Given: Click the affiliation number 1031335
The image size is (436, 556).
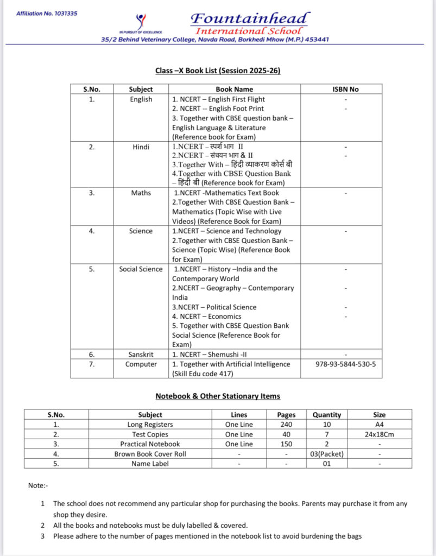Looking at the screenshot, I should click(47, 13).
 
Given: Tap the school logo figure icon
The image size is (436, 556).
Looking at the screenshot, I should click(141, 22).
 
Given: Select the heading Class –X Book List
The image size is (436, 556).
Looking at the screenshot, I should click(218, 71).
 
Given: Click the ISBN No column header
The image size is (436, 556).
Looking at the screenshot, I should click(345, 89).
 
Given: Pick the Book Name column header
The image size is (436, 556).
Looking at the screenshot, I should click(234, 89).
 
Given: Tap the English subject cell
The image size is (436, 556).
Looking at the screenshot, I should click(141, 99).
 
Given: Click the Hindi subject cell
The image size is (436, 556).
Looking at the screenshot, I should click(141, 147).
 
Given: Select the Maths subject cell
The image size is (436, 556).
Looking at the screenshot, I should click(141, 193).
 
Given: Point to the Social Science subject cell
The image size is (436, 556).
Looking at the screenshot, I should click(141, 269).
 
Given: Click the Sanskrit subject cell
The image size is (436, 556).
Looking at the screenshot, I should click(141, 355).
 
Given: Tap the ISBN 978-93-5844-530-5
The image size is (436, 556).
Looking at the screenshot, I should click(345, 364).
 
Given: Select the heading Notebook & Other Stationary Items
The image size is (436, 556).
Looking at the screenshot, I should click(218, 396).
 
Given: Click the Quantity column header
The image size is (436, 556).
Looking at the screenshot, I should click(327, 415).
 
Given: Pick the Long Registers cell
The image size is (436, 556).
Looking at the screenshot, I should click(150, 425).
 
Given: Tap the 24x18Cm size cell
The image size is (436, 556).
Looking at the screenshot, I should click(380, 434).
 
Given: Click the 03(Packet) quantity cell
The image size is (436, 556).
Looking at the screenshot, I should click(327, 454).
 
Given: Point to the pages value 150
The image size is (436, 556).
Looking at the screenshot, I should click(287, 444).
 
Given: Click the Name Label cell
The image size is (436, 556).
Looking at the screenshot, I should click(150, 464).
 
